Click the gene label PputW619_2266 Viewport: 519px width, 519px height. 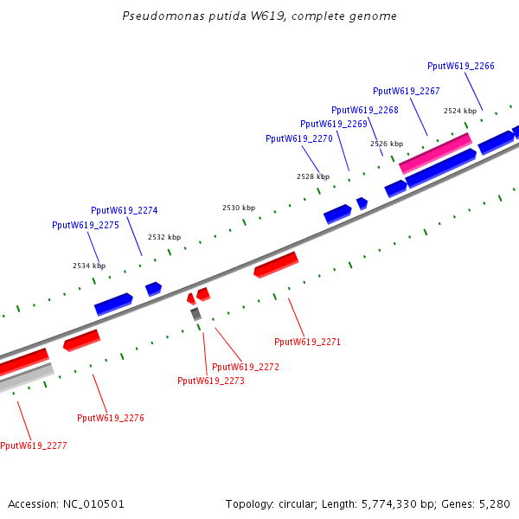click(461, 66)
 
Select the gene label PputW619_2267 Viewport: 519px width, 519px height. click(406, 91)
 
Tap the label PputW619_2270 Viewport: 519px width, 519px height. click(298, 138)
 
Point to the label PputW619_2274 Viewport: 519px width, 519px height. click(124, 210)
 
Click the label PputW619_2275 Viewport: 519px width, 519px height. click(85, 225)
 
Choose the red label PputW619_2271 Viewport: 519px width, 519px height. click(307, 342)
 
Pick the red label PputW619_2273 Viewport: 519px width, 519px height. click(210, 381)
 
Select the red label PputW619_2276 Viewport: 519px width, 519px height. click(110, 418)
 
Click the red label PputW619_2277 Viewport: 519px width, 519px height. click(33, 445)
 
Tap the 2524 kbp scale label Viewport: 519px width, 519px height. click(459, 111)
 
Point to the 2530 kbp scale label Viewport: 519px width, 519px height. click(239, 208)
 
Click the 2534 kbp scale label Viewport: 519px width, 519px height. click(89, 266)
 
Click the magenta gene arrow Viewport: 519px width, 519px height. click(435, 152)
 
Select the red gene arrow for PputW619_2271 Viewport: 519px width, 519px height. click(276, 264)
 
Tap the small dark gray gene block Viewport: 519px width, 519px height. click(196, 314)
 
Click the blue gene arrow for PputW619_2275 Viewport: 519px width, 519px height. click(113, 304)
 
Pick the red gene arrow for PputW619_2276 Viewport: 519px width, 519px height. click(81, 340)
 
